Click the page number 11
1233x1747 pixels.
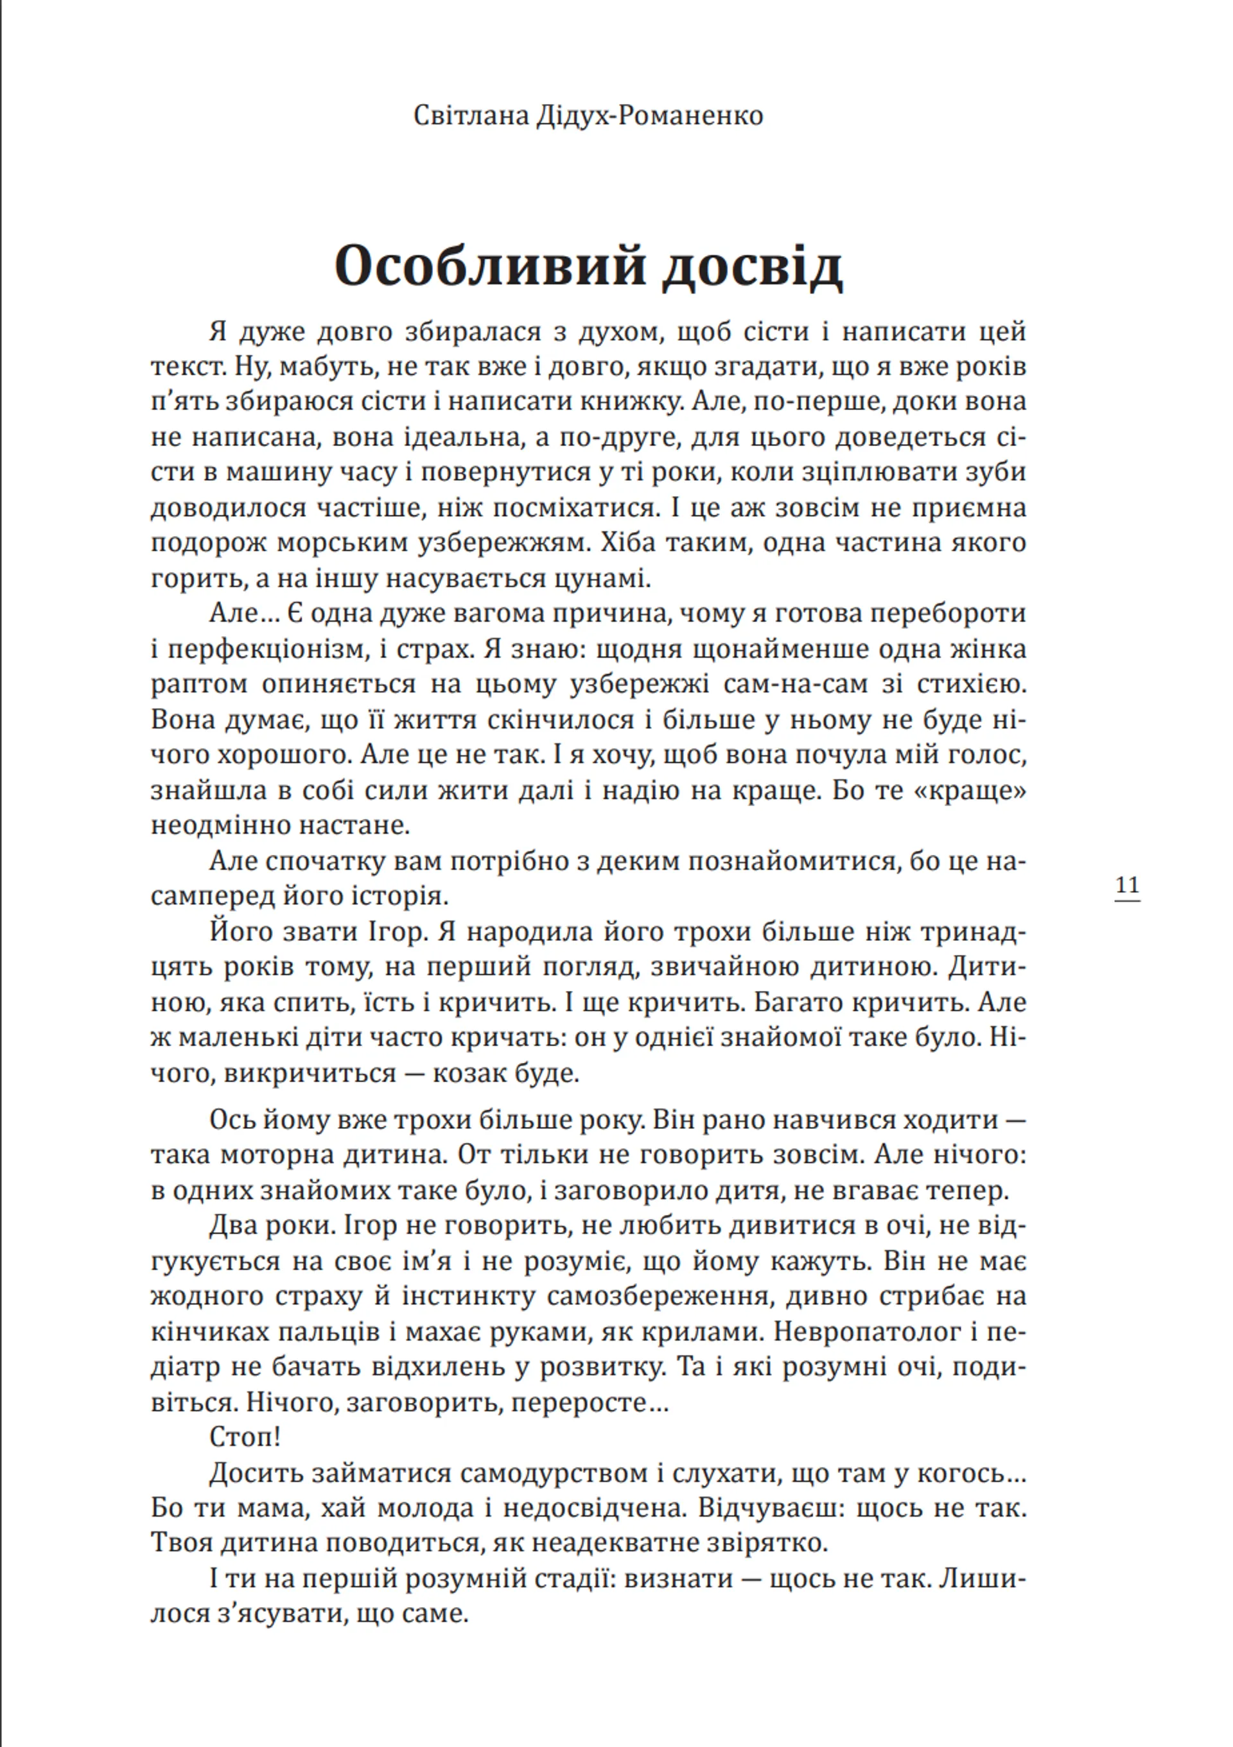(x=1126, y=886)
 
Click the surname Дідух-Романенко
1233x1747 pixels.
(x=649, y=116)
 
